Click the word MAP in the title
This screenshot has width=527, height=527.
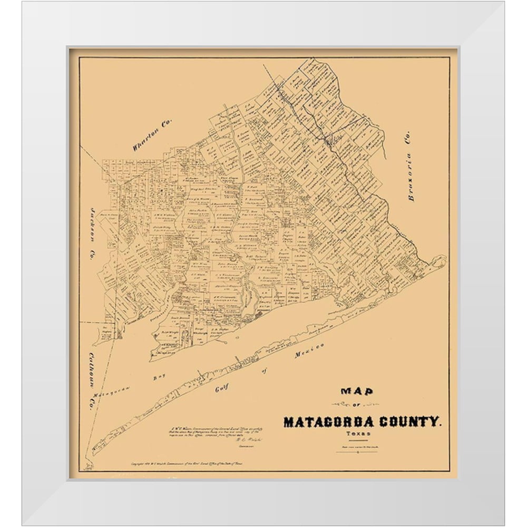(x=357, y=391)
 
